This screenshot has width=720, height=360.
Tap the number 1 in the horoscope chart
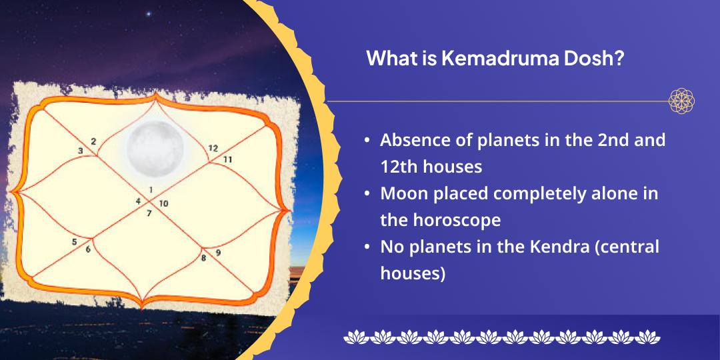(x=151, y=190)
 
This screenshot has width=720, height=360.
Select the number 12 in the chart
(x=213, y=148)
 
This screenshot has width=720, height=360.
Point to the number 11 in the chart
(x=227, y=159)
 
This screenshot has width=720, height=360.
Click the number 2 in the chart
(x=93, y=141)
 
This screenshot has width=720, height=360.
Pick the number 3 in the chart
(x=81, y=151)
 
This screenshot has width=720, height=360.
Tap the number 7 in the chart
(x=149, y=213)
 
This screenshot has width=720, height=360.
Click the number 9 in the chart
(x=218, y=253)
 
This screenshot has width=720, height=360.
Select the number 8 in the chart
(x=203, y=257)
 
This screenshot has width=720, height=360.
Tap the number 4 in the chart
(x=138, y=201)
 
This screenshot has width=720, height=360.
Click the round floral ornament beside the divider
(x=681, y=101)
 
